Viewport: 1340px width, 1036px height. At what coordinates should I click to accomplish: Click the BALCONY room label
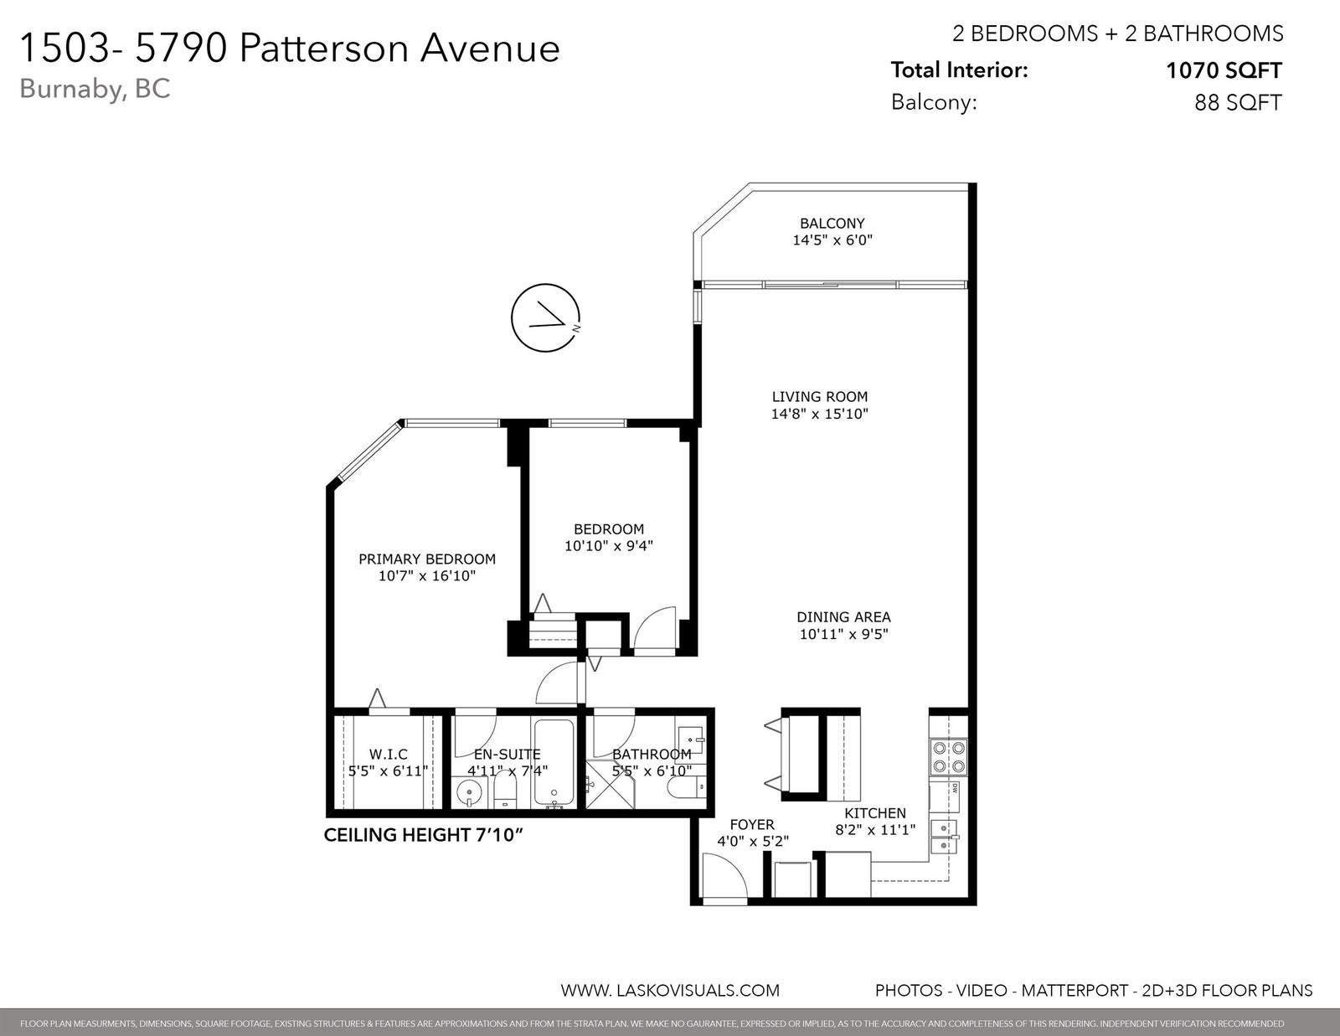[832, 224]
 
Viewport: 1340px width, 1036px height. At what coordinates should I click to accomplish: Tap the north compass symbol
[546, 317]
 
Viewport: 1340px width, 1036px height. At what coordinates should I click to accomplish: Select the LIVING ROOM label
[820, 396]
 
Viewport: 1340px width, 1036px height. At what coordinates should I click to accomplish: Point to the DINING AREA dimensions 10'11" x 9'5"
[843, 634]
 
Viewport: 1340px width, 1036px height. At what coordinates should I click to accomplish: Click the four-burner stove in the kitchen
[948, 756]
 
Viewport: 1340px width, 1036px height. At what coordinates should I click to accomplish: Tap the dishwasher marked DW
[945, 797]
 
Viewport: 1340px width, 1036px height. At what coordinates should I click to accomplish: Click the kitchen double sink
[944, 837]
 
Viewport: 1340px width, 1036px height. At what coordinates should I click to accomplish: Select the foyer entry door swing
[724, 876]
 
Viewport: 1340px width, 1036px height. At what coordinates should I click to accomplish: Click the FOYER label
[752, 825]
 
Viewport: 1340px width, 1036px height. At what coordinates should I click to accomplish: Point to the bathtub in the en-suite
[554, 763]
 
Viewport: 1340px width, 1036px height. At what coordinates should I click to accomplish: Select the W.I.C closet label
[388, 755]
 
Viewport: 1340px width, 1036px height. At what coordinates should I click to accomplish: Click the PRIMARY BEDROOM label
[427, 559]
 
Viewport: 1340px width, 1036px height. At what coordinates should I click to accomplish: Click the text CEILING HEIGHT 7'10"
[425, 836]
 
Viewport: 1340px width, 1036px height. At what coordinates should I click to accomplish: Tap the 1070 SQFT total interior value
[1224, 71]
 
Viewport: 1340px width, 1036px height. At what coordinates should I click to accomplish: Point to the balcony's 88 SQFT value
[1239, 102]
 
